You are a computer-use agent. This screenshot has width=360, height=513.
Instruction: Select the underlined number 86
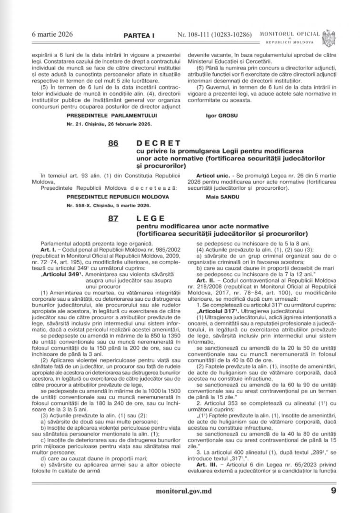(x=113, y=143)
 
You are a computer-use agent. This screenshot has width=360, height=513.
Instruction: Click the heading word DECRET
(x=159, y=143)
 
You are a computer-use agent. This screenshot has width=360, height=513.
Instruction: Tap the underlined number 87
(x=113, y=218)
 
